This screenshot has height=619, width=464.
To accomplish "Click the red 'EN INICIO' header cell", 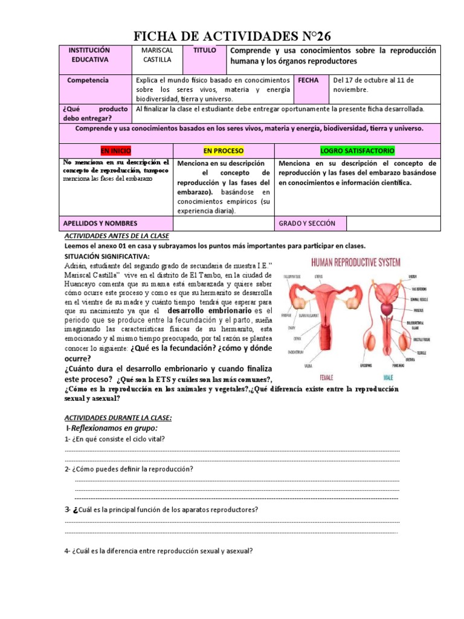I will pos(115,150).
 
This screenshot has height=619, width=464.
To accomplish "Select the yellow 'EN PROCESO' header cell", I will pos(223,150).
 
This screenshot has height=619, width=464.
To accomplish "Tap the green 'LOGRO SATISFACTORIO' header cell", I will pos(358,150).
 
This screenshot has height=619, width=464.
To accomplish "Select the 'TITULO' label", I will pos(204,51).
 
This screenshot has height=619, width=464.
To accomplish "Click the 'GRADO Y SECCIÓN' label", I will pos(307,224).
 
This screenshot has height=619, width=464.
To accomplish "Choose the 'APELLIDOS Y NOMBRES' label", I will pos(100,224).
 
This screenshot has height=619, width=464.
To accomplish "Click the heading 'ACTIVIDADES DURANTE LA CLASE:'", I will pos(118,418).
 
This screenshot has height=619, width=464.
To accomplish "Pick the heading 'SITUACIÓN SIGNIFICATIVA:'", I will pos(103,256).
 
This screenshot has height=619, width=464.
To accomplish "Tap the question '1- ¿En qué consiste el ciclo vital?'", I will pos(115,439).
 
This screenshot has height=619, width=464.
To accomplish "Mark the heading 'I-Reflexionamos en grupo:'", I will pos(109,428).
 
